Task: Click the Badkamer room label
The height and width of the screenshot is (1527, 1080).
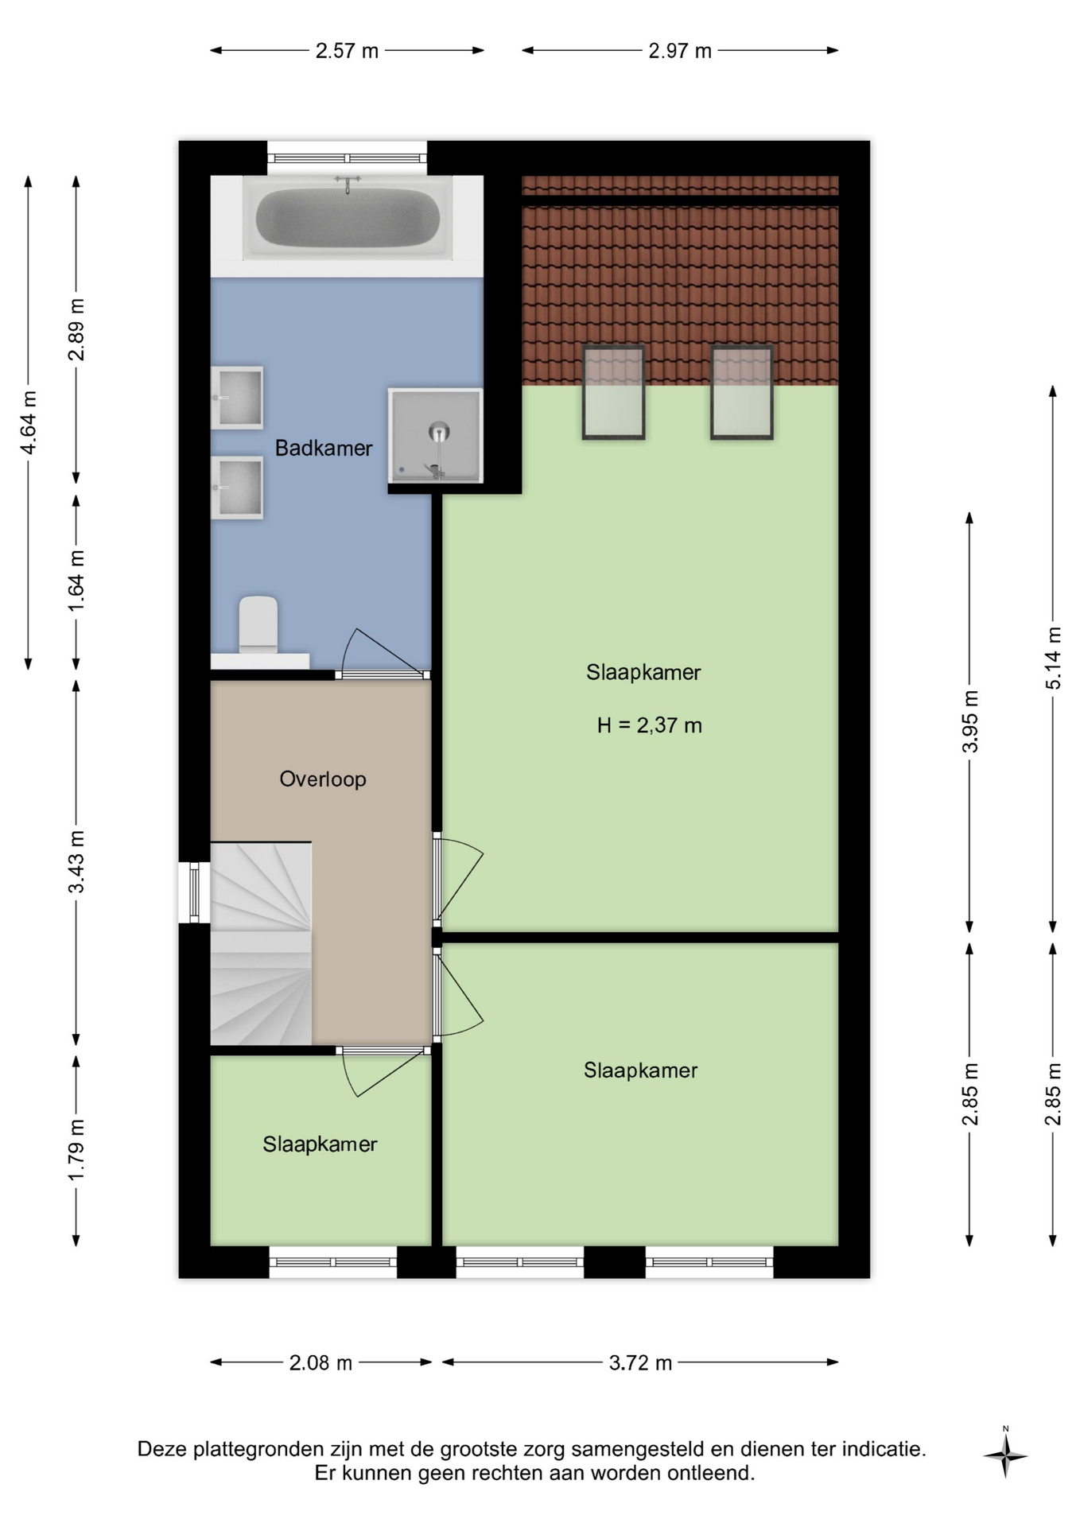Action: click(x=324, y=449)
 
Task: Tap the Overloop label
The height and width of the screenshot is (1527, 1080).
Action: click(x=323, y=779)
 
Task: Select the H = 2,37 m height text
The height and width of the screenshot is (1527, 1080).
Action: click(x=650, y=725)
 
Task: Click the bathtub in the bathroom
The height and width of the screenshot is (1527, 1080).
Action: click(x=347, y=217)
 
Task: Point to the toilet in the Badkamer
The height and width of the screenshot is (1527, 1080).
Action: click(x=258, y=625)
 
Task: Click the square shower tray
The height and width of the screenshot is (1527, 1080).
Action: click(x=435, y=435)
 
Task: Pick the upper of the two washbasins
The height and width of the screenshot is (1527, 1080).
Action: click(x=237, y=398)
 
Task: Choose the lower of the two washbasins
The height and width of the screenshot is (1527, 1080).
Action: click(x=237, y=488)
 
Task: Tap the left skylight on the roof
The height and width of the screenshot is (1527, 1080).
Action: click(x=613, y=392)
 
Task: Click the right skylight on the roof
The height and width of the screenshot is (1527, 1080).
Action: click(x=741, y=392)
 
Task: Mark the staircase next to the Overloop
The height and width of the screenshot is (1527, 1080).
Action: click(x=261, y=943)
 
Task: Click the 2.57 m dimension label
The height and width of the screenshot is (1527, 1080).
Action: click(x=347, y=51)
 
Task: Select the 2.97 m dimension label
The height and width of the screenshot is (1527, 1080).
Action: click(x=680, y=51)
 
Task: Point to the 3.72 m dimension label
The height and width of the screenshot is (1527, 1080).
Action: click(x=640, y=1363)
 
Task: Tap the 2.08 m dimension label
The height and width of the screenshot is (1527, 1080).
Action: click(x=321, y=1363)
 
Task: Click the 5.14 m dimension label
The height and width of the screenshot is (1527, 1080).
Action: click(x=1053, y=659)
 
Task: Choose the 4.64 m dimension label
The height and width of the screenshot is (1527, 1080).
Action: click(x=29, y=422)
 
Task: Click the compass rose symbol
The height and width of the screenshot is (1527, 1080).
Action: click(x=1005, y=1455)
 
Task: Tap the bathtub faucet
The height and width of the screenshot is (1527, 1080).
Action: click(x=348, y=184)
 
